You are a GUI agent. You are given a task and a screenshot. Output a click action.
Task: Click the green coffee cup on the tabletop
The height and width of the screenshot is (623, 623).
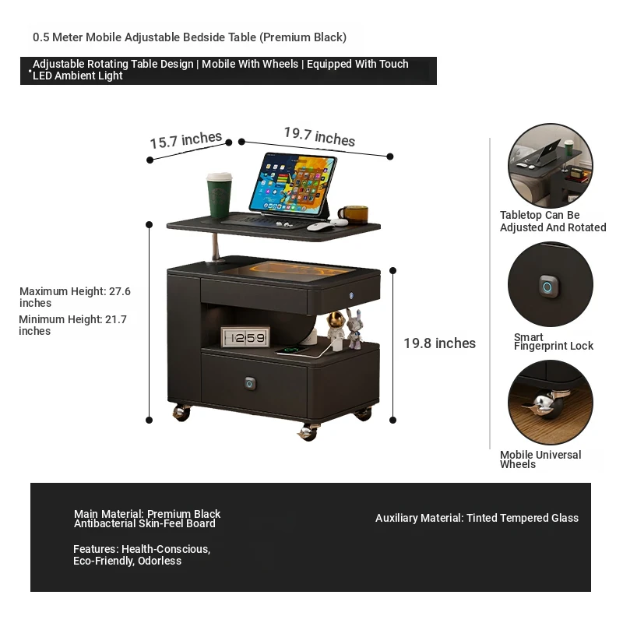pos(219,195)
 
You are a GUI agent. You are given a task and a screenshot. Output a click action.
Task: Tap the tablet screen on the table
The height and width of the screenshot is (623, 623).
pos(294,184)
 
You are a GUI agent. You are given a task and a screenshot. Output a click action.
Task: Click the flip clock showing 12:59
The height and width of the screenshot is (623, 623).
pos(245,337)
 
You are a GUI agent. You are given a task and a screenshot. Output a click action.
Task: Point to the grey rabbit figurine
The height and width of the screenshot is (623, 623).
pos(354,328)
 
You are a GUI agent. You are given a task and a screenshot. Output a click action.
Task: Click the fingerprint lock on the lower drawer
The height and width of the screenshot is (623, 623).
pos(250,383)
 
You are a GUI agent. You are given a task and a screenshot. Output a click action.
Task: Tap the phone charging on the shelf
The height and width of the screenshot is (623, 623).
pos(292,350)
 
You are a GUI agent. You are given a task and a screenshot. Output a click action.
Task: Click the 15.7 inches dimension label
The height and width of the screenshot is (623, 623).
pos(185,140)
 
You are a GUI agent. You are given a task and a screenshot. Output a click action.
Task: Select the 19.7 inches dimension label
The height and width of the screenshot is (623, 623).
pos(319,136)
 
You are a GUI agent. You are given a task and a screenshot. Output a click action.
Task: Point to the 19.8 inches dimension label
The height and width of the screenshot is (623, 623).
pos(439,343)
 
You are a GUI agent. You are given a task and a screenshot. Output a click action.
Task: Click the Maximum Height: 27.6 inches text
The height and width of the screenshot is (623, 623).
pos(75,297)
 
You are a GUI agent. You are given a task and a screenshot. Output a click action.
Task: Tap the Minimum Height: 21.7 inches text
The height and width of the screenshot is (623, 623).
pos(72,325)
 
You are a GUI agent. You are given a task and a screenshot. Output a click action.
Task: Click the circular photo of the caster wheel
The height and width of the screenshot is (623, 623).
pos(551,402)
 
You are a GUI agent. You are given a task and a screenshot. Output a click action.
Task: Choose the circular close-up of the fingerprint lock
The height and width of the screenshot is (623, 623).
pos(551,284)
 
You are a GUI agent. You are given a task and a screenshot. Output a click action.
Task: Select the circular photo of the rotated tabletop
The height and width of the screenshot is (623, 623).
pos(551,165)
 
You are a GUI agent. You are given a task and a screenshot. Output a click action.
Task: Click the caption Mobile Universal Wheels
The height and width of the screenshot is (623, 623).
pos(540,459)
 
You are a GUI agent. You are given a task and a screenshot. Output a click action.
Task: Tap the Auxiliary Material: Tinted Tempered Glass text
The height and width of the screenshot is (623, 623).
pos(477,518)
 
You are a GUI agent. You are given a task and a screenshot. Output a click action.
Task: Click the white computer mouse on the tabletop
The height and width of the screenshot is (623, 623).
pos(321,227)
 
